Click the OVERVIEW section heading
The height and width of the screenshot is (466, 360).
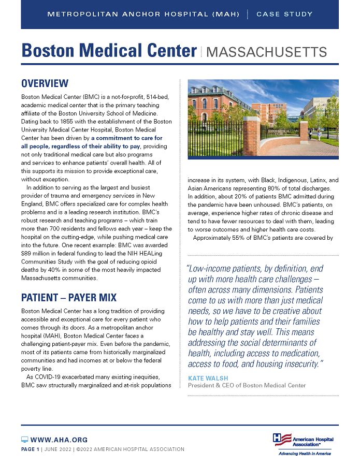click(x=45, y=83)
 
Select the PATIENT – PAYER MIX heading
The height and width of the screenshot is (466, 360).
click(x=69, y=298)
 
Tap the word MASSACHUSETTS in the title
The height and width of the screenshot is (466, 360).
click(x=266, y=52)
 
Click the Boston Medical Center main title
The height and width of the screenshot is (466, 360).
click(x=109, y=51)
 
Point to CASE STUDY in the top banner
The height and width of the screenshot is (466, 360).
click(x=284, y=14)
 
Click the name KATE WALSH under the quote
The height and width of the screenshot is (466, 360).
click(x=205, y=378)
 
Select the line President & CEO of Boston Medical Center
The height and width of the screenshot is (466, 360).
click(x=247, y=385)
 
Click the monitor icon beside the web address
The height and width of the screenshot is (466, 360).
click(x=25, y=440)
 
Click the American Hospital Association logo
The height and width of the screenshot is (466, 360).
click(x=303, y=440)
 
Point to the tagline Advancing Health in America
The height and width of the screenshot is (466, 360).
click(x=304, y=454)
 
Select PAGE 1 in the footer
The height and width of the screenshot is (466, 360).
click(x=30, y=449)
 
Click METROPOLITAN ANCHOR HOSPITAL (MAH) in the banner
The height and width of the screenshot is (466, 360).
click(x=143, y=14)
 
